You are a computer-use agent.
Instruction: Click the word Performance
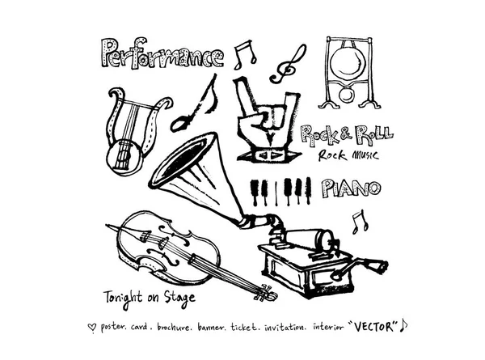[x=162, y=53]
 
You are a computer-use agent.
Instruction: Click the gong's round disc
[x=349, y=63]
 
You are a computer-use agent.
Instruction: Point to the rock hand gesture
[x=266, y=120]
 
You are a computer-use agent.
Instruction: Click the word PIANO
[x=352, y=188]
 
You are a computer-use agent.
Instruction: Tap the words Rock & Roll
[x=347, y=135]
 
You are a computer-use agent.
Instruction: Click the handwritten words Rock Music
[x=348, y=155]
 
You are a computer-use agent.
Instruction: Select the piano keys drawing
[x=280, y=191]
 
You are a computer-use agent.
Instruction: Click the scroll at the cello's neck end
[x=266, y=294]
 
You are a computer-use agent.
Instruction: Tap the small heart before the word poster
[x=92, y=327]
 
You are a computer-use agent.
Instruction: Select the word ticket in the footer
[x=243, y=327]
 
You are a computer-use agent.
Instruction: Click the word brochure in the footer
[x=173, y=327]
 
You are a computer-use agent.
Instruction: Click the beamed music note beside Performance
[x=245, y=55]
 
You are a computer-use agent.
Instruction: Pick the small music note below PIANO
[x=361, y=222]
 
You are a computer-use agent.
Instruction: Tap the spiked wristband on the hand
[x=268, y=155]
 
